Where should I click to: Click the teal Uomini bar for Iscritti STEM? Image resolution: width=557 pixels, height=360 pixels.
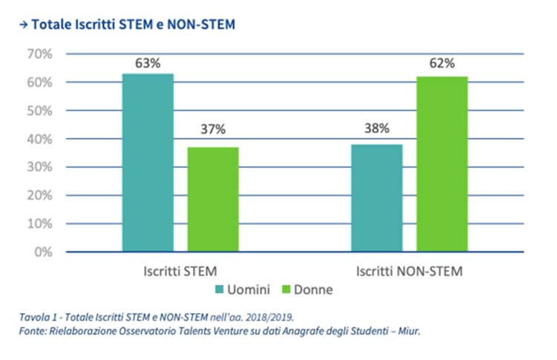148,163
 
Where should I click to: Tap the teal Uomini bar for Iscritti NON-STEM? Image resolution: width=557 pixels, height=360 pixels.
377,197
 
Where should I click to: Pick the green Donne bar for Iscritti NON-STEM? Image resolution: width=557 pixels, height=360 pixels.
441,163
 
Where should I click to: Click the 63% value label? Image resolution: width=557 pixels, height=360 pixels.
148,63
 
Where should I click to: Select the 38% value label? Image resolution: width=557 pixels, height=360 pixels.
377,128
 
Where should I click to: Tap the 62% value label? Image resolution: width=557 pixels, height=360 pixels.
441,63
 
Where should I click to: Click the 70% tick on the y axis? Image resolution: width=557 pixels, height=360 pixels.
39,54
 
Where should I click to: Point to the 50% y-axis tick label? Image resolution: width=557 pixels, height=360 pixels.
39,111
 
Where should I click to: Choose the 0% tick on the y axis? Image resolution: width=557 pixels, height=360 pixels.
42,252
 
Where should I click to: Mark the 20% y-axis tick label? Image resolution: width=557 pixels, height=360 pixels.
39,195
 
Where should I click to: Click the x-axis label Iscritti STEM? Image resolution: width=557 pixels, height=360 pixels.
180,271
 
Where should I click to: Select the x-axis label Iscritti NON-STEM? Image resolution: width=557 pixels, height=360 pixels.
408,271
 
